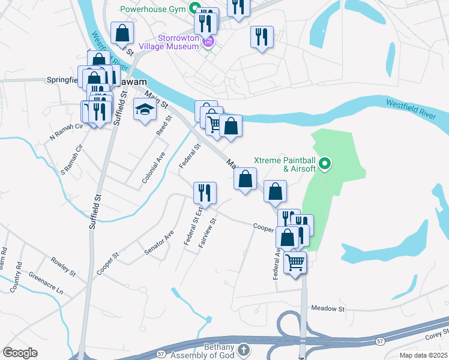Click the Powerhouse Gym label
coord(153,9)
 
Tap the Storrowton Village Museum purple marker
coord(208,41)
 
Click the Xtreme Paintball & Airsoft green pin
coord(325,163)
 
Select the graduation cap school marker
coord(144,110)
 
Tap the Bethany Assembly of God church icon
coord(243,349)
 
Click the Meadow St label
coord(328,308)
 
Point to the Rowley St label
coord(63,268)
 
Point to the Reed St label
coord(164,127)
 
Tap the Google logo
coord(20,353)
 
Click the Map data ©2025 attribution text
coord(424,355)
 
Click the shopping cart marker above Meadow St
coord(295,262)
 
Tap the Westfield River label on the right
coord(410,109)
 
